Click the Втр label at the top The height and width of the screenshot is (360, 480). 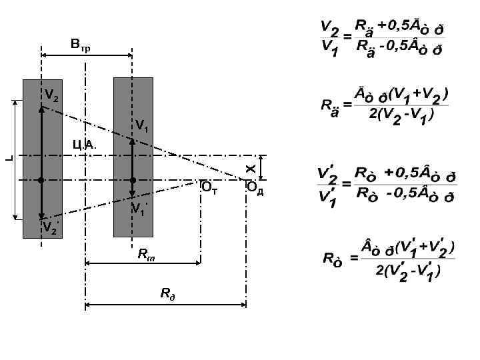click(80, 45)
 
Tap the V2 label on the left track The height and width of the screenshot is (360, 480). click(51, 95)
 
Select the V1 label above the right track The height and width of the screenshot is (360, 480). click(143, 125)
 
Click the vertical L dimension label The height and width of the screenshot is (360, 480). click(8, 158)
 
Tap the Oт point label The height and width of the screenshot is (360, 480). click(209, 188)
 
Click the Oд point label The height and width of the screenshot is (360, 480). click(255, 188)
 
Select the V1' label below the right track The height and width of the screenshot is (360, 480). click(138, 208)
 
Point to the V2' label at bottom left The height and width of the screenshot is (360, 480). click(49, 228)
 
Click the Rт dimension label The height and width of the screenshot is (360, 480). click(145, 253)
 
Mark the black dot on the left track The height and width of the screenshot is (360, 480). click(41, 180)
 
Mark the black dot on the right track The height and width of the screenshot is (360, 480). click(133, 180)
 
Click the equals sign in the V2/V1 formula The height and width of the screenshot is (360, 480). click(347, 36)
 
